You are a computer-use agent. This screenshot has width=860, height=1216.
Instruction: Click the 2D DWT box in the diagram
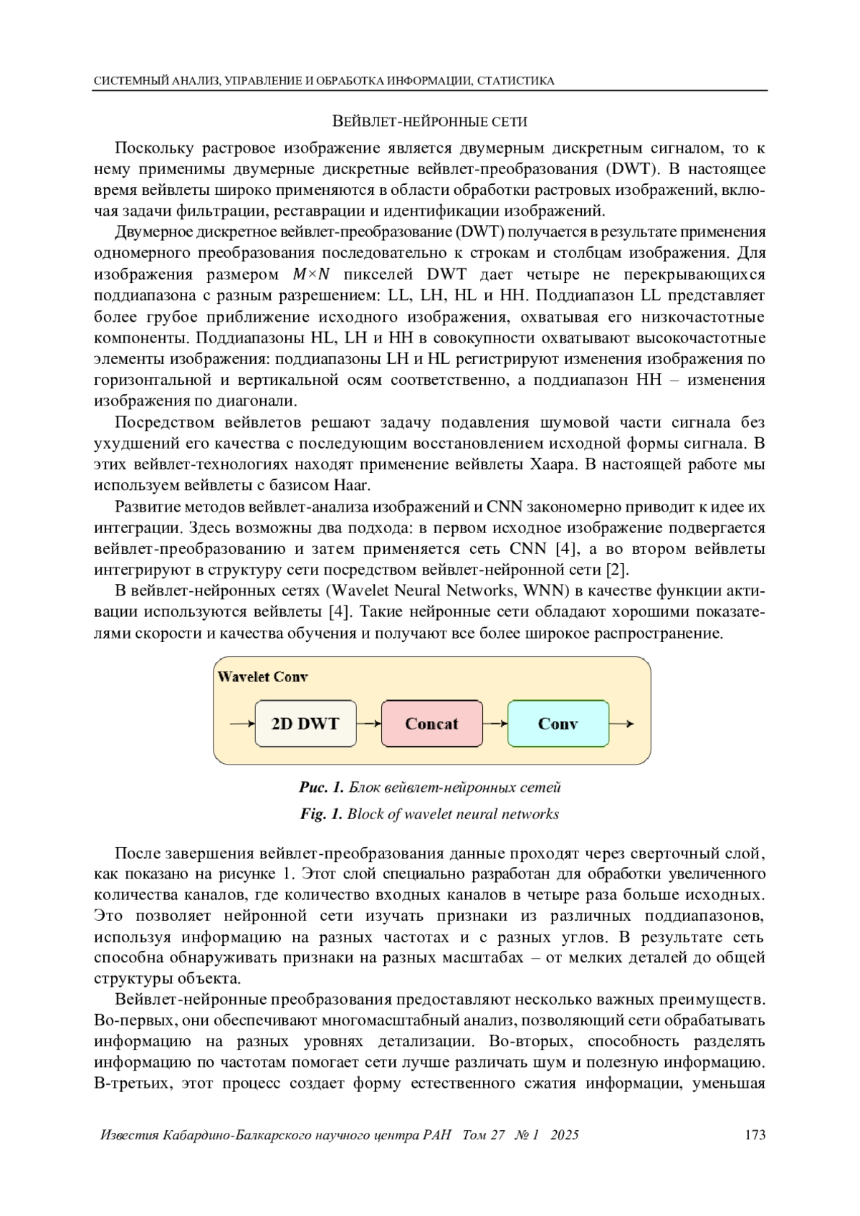click(x=305, y=724)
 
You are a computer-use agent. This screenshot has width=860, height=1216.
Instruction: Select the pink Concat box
click(x=431, y=724)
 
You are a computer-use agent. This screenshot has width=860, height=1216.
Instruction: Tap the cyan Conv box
click(x=558, y=724)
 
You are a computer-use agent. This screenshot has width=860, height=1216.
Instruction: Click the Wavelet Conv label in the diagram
click(x=263, y=677)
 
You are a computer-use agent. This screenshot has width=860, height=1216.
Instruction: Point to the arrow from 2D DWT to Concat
click(x=368, y=724)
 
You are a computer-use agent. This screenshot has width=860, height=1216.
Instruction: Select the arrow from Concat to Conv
click(x=494, y=724)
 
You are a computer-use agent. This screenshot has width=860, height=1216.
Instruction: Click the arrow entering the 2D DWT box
click(x=242, y=724)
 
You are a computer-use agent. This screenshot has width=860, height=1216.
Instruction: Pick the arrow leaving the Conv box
click(x=621, y=724)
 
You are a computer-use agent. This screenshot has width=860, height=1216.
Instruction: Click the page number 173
click(x=755, y=1135)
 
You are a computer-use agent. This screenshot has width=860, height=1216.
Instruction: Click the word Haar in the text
click(x=352, y=486)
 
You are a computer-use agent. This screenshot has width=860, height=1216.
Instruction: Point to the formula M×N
click(x=311, y=274)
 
